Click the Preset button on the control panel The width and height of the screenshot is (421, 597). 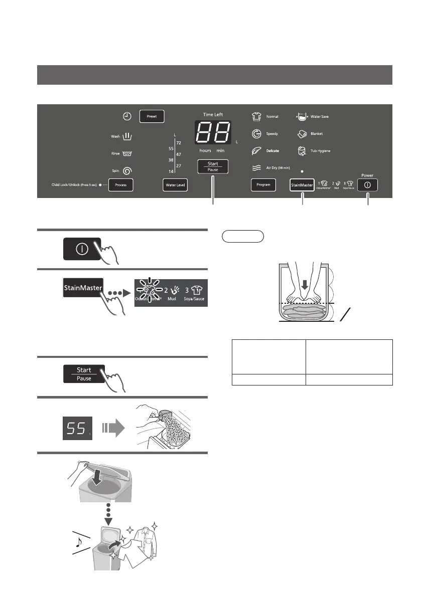pos(152,116)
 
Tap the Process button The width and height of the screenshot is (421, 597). pos(120,185)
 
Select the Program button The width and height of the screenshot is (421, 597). pos(263,185)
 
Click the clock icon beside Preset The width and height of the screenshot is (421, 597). pos(127,116)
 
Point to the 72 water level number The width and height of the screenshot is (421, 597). pos(179,143)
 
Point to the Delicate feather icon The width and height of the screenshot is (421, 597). pos(256,151)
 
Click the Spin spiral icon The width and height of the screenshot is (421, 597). pos(127,171)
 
